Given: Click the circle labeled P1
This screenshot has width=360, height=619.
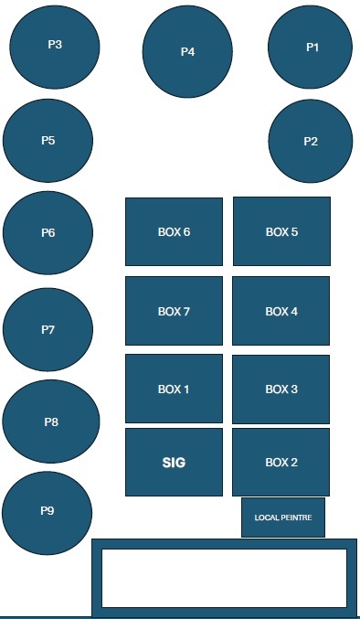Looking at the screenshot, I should click(311, 47).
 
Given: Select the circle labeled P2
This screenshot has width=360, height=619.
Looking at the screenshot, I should click(311, 141).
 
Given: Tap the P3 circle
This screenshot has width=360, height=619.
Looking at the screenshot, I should click(55, 45).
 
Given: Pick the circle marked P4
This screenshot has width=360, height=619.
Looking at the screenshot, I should click(187, 52).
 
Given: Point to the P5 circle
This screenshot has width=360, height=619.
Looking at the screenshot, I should click(48, 141).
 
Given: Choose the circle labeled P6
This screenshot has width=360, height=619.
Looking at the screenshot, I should click(48, 233).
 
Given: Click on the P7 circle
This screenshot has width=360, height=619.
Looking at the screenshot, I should click(48, 329).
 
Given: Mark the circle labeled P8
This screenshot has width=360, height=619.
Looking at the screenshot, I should click(51, 422).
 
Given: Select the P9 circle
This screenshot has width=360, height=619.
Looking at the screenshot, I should click(48, 510).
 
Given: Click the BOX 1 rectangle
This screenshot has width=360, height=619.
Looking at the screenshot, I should click(174, 390).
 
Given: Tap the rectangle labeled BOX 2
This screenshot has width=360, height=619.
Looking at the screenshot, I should click(281, 462).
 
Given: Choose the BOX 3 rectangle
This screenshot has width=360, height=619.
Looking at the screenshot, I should click(281, 390).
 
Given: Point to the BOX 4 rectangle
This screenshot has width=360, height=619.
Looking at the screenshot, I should click(281, 312).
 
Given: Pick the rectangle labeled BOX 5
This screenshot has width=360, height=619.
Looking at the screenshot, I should click(281, 231).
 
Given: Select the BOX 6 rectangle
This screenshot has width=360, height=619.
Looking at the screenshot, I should click(174, 231).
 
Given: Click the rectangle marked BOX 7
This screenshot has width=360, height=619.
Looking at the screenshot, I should click(174, 312).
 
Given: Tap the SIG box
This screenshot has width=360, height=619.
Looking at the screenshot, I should click(174, 463).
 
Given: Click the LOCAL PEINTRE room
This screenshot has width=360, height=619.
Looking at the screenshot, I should click(283, 518).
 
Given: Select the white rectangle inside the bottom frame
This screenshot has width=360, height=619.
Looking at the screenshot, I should click(224, 578).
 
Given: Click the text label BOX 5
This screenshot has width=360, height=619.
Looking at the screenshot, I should click(281, 232).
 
